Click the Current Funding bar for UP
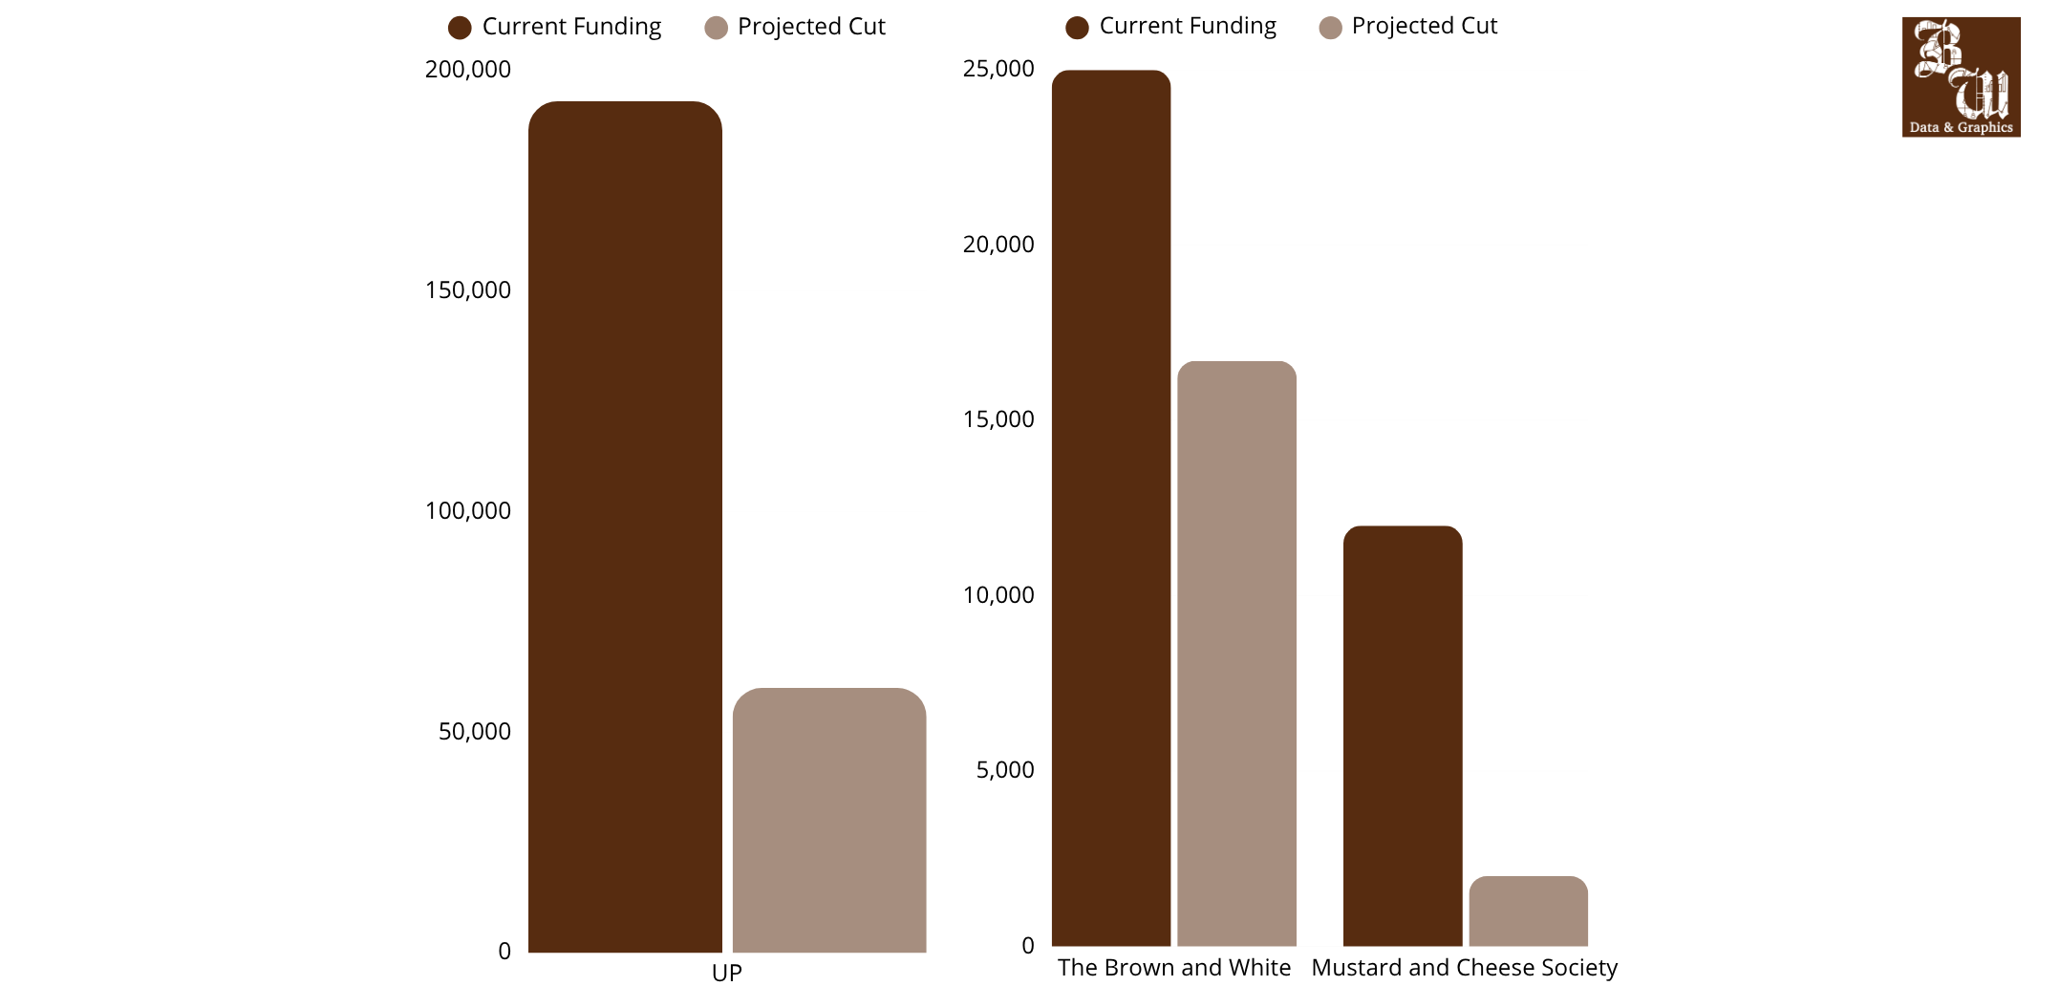625,526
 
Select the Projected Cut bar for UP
829,820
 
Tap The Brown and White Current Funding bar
1111,508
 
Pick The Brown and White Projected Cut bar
1236,654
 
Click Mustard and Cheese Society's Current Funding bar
1403,736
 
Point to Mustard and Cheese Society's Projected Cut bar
1529,911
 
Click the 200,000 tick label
468,70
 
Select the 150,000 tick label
468,290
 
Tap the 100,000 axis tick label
468,511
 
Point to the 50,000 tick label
475,732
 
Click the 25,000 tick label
998,69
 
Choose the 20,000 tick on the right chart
998,245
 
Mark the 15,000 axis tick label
998,419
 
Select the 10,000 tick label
998,595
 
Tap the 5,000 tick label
1005,770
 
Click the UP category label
727,973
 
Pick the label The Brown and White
1174,968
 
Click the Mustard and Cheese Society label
1465,968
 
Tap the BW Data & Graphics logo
1962,77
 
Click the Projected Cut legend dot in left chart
716,28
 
